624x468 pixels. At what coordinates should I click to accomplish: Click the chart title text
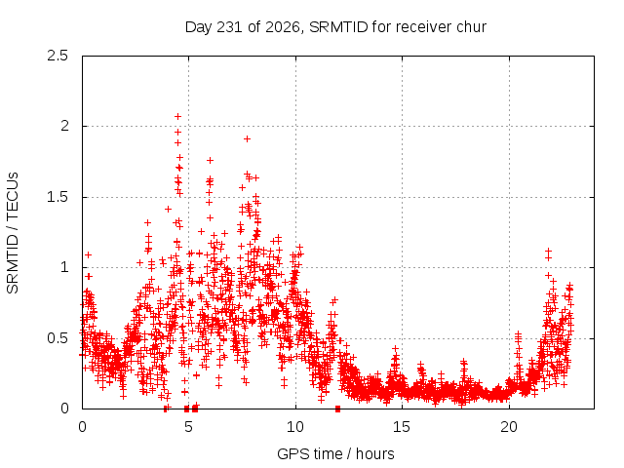pyautogui.click(x=335, y=27)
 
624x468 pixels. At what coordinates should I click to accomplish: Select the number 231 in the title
pyautogui.click(x=229, y=27)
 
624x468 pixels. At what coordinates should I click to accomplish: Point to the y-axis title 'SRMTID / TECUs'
pyautogui.click(x=13, y=233)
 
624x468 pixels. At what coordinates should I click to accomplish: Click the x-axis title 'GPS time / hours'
pyautogui.click(x=335, y=453)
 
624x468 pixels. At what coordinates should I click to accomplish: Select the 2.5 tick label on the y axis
pyautogui.click(x=58, y=56)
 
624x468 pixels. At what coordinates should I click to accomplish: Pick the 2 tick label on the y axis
pyautogui.click(x=64, y=126)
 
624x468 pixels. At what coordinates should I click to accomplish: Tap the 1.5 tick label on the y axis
pyautogui.click(x=58, y=197)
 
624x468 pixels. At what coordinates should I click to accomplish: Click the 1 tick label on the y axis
pyautogui.click(x=65, y=267)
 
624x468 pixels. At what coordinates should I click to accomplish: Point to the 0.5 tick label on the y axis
pyautogui.click(x=58, y=338)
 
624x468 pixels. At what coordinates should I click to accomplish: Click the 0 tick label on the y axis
pyautogui.click(x=64, y=409)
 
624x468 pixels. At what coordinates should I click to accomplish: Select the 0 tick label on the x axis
pyautogui.click(x=82, y=427)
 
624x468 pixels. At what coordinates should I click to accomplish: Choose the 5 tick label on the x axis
pyautogui.click(x=188, y=427)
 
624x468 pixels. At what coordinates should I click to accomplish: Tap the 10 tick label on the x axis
pyautogui.click(x=295, y=427)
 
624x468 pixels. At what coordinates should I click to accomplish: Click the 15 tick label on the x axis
pyautogui.click(x=402, y=427)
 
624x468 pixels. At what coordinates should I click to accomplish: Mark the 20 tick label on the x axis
pyautogui.click(x=509, y=427)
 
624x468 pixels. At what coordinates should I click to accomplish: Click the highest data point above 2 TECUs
pyautogui.click(x=177, y=116)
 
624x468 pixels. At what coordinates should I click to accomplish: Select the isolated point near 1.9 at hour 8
pyautogui.click(x=247, y=138)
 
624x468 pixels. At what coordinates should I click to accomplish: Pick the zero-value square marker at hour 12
pyautogui.click(x=338, y=409)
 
